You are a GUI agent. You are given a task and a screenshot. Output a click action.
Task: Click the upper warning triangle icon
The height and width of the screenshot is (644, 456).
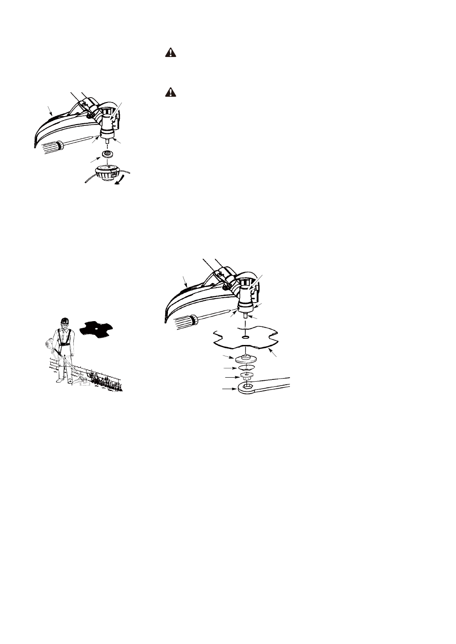(x=171, y=53)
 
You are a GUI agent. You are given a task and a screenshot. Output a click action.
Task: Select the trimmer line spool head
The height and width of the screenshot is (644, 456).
(x=107, y=171)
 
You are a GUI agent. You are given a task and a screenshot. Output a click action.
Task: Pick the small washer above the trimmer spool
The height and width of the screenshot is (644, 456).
(x=106, y=154)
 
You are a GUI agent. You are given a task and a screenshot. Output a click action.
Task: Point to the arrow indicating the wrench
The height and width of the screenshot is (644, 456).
(x=229, y=389)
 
